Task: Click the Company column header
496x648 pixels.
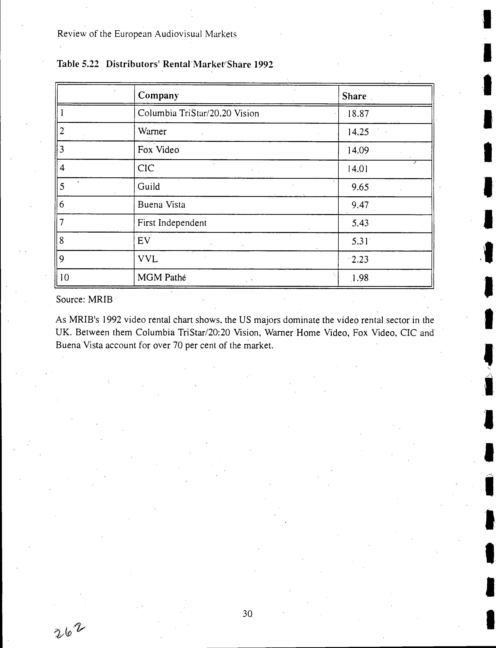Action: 158,96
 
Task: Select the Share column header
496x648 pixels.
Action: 354,96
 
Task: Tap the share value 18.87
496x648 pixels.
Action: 358,114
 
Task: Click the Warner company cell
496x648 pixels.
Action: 152,132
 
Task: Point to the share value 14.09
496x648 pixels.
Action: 358,150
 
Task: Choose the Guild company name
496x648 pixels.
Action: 149,187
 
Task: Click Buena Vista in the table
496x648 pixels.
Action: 161,205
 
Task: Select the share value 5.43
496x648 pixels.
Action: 360,223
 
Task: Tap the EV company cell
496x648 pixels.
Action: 144,241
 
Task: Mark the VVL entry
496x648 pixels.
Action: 148,259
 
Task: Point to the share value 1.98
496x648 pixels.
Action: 360,278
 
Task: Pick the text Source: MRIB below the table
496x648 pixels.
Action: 84,300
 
